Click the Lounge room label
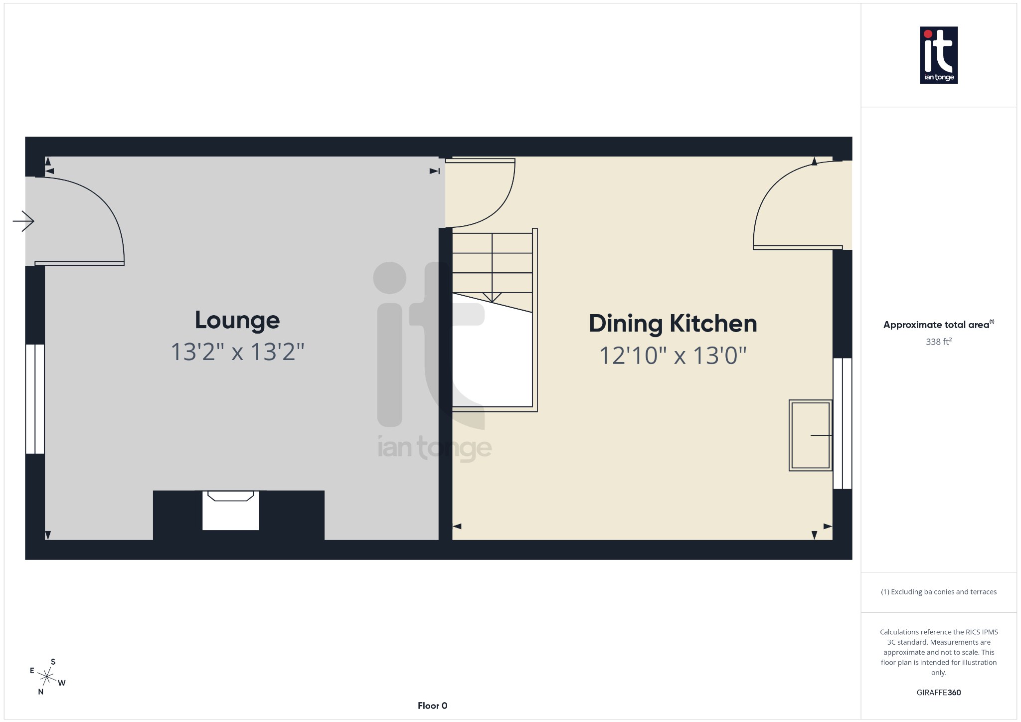pyautogui.click(x=237, y=320)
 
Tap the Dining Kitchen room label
pyautogui.click(x=673, y=324)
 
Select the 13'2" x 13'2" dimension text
pyautogui.click(x=237, y=352)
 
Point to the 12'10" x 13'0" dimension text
pyautogui.click(x=673, y=356)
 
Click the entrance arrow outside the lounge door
pyautogui.click(x=23, y=221)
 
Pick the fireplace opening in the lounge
pyautogui.click(x=230, y=511)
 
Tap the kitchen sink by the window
pyautogui.click(x=810, y=435)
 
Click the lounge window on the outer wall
pyautogui.click(x=35, y=399)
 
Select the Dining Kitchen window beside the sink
pyautogui.click(x=842, y=423)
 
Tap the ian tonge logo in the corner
pyautogui.click(x=938, y=55)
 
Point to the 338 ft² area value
pyautogui.click(x=938, y=342)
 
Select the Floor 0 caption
pyautogui.click(x=432, y=706)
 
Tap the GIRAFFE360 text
pyautogui.click(x=938, y=693)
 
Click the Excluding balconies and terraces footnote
pyautogui.click(x=938, y=592)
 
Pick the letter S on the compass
pyautogui.click(x=53, y=662)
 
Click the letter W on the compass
pyautogui.click(x=62, y=683)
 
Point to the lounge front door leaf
pyautogui.click(x=79, y=263)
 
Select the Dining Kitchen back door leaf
pyautogui.click(x=798, y=247)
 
